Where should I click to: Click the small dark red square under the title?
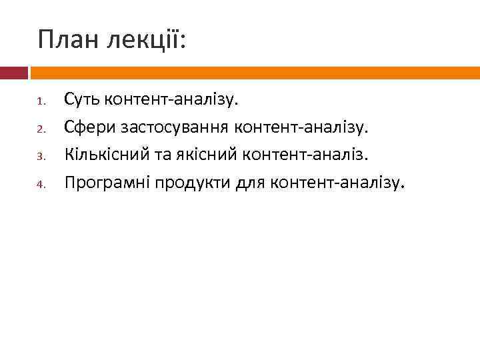[x=13, y=73]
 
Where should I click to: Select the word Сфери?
[x=87, y=127]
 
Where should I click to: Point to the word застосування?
[x=171, y=127]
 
